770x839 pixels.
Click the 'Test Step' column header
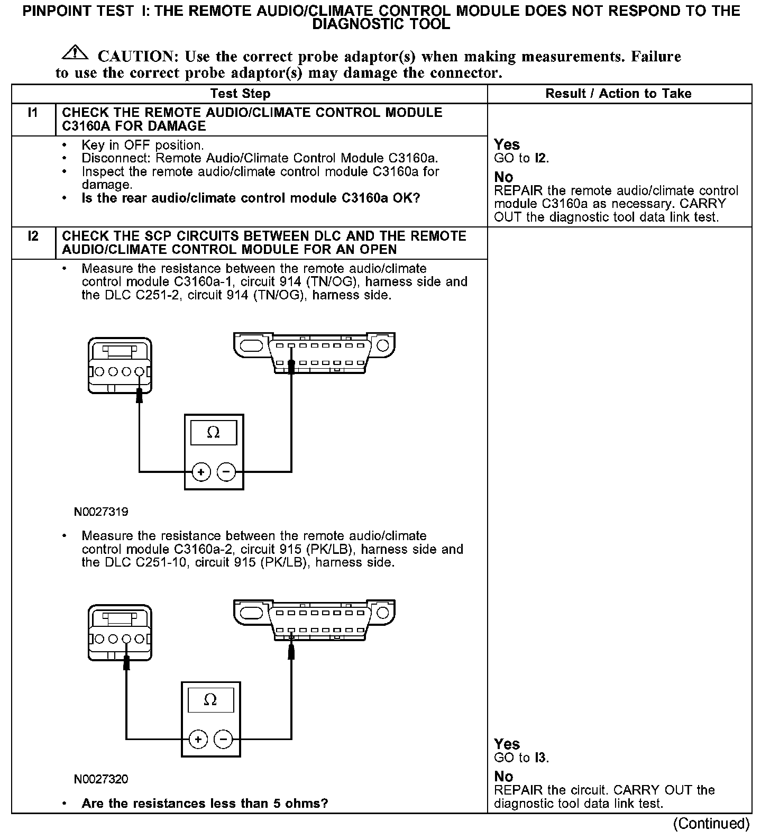click(x=240, y=94)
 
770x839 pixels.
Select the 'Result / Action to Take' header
click(x=618, y=94)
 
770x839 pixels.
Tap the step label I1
click(x=33, y=112)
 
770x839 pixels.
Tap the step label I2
click(x=33, y=236)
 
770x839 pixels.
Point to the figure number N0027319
click(x=101, y=512)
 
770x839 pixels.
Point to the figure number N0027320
click(x=101, y=779)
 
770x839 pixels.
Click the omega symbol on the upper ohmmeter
click(x=214, y=433)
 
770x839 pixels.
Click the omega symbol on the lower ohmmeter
click(x=210, y=700)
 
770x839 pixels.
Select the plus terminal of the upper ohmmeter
click(x=201, y=471)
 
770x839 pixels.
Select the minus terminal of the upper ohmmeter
click(x=226, y=471)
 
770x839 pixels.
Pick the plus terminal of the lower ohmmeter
click(x=198, y=738)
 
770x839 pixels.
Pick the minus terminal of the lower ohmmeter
click(x=223, y=738)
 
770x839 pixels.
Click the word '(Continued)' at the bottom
click(x=711, y=824)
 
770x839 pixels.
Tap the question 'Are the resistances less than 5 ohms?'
click(x=205, y=804)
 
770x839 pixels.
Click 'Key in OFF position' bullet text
click(x=143, y=145)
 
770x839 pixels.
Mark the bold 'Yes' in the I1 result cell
click(x=507, y=144)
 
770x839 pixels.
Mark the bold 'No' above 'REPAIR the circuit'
click(x=503, y=776)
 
